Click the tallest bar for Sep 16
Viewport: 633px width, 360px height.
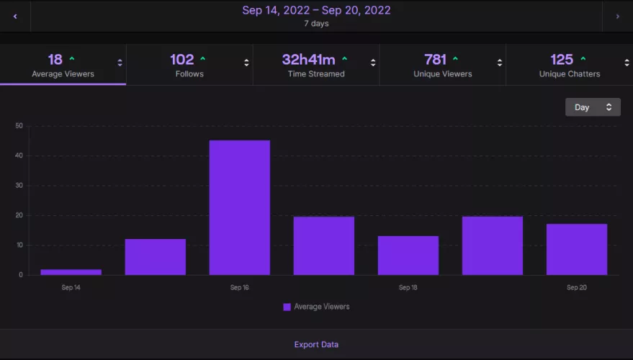tap(239, 207)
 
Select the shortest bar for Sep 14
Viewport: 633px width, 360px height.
tap(71, 271)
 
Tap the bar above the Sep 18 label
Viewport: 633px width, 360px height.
tap(408, 255)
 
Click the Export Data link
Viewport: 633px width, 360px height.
tap(316, 344)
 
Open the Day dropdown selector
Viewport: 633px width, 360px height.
tap(592, 107)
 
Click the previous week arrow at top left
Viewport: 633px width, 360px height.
tap(15, 16)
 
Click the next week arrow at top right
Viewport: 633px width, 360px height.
tap(617, 16)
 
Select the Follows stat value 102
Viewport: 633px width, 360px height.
tap(182, 60)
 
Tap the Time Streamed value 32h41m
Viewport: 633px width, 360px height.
tap(310, 60)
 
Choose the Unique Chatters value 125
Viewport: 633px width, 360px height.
tap(562, 60)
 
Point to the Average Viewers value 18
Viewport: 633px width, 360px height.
tap(55, 60)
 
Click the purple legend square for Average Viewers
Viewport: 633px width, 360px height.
tap(287, 307)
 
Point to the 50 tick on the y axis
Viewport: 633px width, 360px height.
tap(19, 126)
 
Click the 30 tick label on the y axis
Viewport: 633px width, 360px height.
tap(19, 186)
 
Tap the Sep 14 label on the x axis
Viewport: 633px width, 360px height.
tap(71, 287)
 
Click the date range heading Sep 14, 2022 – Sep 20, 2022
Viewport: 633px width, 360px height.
tap(316, 10)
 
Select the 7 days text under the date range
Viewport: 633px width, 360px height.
tap(316, 24)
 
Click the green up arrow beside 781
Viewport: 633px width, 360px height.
tap(455, 59)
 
